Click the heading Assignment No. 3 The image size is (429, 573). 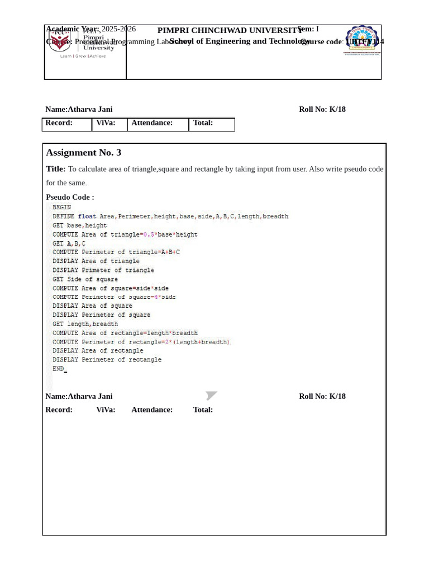click(x=83, y=153)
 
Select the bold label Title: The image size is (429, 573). click(x=56, y=169)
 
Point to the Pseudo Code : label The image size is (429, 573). click(x=70, y=197)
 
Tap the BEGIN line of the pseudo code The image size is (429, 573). click(x=62, y=207)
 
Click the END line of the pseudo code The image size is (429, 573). click(x=59, y=369)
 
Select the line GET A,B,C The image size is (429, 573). click(x=69, y=243)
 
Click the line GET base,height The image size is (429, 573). click(x=80, y=226)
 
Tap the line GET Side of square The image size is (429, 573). click(x=85, y=279)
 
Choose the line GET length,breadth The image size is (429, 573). click(x=85, y=324)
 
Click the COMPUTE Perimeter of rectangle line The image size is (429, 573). click(x=141, y=342)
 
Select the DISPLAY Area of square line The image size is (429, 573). click(x=93, y=306)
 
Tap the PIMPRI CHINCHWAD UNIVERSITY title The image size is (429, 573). click(x=229, y=30)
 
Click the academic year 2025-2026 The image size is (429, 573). click(x=118, y=29)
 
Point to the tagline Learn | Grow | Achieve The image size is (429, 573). click(x=83, y=57)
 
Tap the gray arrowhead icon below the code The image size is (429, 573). click(x=211, y=396)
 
